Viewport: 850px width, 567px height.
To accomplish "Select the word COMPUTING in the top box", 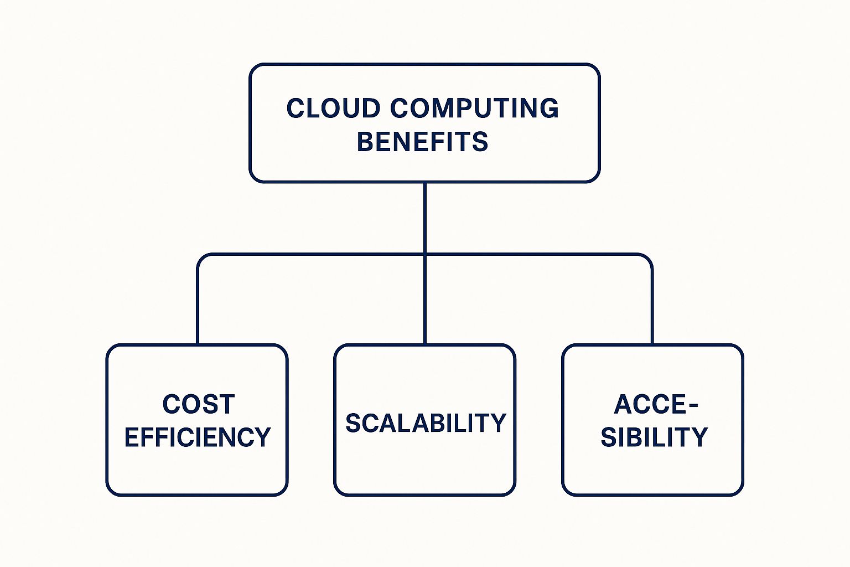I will click(474, 108).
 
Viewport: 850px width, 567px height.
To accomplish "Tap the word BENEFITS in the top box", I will click(423, 142).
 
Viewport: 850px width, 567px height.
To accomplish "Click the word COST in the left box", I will click(198, 404).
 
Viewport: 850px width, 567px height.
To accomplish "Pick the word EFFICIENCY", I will click(197, 437).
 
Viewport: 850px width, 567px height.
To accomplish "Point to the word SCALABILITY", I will click(426, 423).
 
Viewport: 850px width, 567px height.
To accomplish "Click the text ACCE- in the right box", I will click(656, 404).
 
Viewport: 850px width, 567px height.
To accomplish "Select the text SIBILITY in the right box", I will click(654, 437).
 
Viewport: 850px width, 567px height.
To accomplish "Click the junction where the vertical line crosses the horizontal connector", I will click(424, 255).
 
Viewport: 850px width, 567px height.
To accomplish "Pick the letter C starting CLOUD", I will click(296, 108).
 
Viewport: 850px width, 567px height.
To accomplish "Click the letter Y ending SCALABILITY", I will click(499, 423).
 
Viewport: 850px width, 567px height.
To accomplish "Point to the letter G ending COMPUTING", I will click(550, 108).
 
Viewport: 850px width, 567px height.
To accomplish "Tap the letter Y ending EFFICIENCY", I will click(262, 437).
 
